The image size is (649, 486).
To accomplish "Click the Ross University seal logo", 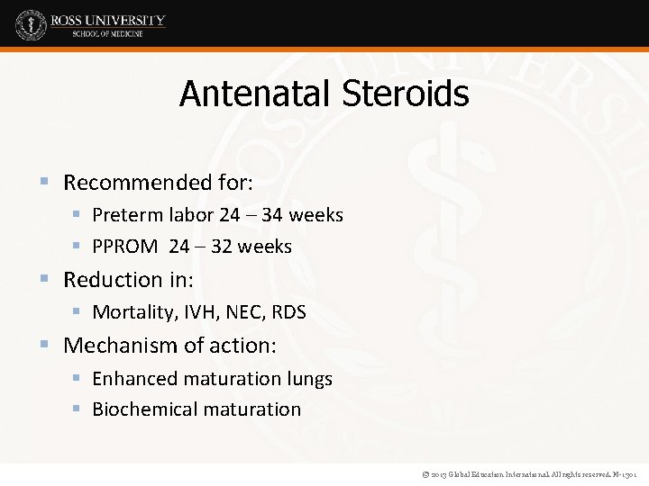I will coord(30,24).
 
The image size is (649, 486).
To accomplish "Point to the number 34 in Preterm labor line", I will coord(273,215).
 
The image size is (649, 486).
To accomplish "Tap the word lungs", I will coord(309,379).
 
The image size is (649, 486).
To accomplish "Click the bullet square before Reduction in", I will coord(46,280).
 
